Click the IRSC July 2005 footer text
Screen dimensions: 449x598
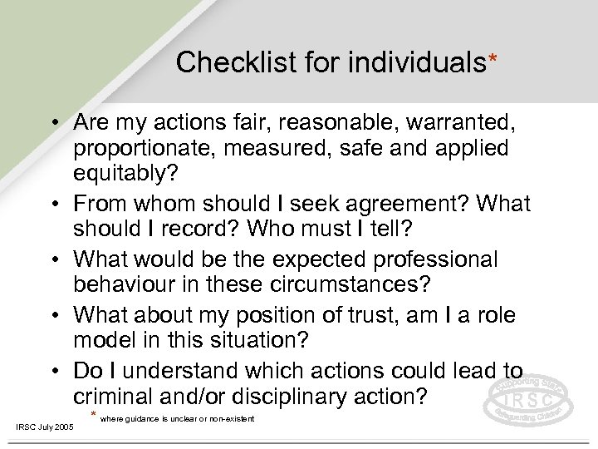45,427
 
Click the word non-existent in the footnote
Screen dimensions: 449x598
229,417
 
